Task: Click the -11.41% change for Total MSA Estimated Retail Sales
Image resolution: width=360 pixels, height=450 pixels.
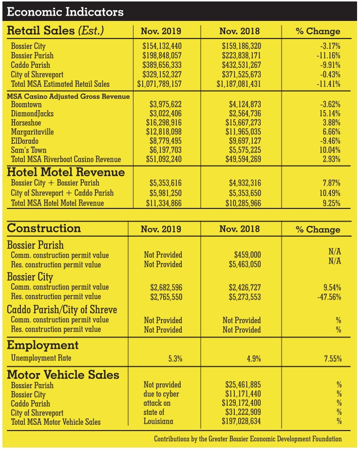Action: coord(329,84)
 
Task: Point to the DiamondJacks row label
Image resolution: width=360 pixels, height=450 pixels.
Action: coord(32,113)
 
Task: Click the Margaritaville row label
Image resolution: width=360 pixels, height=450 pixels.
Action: coord(32,132)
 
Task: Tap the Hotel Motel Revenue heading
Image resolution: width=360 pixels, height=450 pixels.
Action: coord(66,172)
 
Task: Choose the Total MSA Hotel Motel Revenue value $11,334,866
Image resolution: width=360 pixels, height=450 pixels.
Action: coord(164,203)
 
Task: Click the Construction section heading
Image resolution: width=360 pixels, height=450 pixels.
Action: coord(44,228)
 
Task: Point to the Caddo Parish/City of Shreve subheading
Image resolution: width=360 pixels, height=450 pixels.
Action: coord(62,310)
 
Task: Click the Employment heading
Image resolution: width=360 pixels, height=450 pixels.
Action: coord(43,345)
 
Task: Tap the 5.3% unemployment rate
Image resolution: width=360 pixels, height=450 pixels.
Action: coord(174,359)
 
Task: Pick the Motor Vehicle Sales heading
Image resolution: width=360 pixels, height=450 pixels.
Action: coord(63,375)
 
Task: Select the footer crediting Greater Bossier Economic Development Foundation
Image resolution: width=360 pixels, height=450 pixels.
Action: coord(248,439)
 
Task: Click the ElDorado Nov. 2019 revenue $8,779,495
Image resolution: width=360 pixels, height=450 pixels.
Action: coord(164,141)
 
